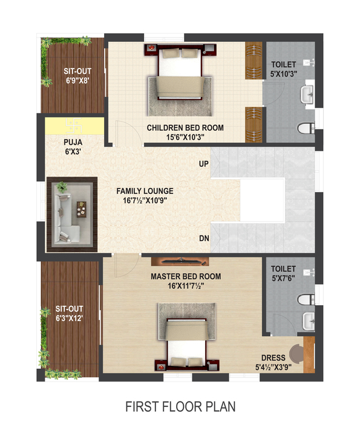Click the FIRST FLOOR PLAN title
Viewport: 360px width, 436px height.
[180, 406]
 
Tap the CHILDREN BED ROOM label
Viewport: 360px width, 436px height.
[185, 128]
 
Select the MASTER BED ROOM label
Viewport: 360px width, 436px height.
[186, 276]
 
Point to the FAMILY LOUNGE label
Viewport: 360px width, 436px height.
[145, 191]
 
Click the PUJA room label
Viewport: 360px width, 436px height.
[73, 142]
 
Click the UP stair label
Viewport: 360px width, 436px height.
[204, 163]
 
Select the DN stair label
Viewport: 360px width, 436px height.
[204, 239]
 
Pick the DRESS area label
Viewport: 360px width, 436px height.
[273, 358]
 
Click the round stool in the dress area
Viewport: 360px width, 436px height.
[296, 354]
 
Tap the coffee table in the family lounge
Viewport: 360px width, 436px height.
[82, 210]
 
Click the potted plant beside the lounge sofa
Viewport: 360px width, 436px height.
[62, 187]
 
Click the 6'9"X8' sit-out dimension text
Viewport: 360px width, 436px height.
[77, 81]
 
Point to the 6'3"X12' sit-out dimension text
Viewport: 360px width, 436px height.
[69, 318]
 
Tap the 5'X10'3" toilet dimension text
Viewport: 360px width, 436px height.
[284, 74]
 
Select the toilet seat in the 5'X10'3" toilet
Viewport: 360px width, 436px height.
[306, 128]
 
